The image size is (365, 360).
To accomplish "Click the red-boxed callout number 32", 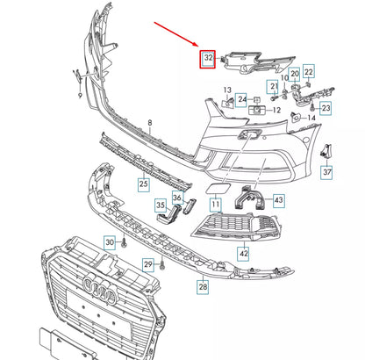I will coord(208,59).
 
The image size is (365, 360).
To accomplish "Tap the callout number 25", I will coord(142,184).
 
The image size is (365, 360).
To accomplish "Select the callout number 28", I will coord(203,287).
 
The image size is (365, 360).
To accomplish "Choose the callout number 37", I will coord(327,172).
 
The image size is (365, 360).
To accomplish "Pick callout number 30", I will coord(110,241).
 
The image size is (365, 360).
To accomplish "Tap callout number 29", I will coord(149,264).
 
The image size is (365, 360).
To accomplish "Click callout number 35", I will coord(161,206).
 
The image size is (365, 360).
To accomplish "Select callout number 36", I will coord(177,198).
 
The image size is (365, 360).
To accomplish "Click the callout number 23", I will coord(326,109).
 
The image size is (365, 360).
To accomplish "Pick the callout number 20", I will coord(295,73).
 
